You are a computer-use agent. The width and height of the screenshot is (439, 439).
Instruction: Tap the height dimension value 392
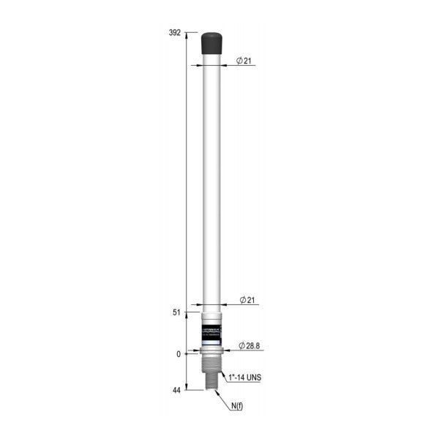175,33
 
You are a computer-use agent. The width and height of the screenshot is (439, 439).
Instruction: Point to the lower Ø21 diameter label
247,301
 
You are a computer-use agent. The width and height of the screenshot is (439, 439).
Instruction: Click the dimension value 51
176,312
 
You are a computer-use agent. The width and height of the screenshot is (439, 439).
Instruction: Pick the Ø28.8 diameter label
250,345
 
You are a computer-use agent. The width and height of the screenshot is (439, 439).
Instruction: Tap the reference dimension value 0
178,354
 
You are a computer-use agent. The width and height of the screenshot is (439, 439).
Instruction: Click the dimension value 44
176,391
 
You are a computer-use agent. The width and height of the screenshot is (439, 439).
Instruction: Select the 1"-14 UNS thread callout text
244,378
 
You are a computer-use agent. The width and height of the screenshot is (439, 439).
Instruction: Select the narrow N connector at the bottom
211,384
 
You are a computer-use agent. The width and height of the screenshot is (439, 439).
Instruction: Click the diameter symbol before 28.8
241,345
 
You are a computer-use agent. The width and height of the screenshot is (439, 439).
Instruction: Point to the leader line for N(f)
222,399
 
